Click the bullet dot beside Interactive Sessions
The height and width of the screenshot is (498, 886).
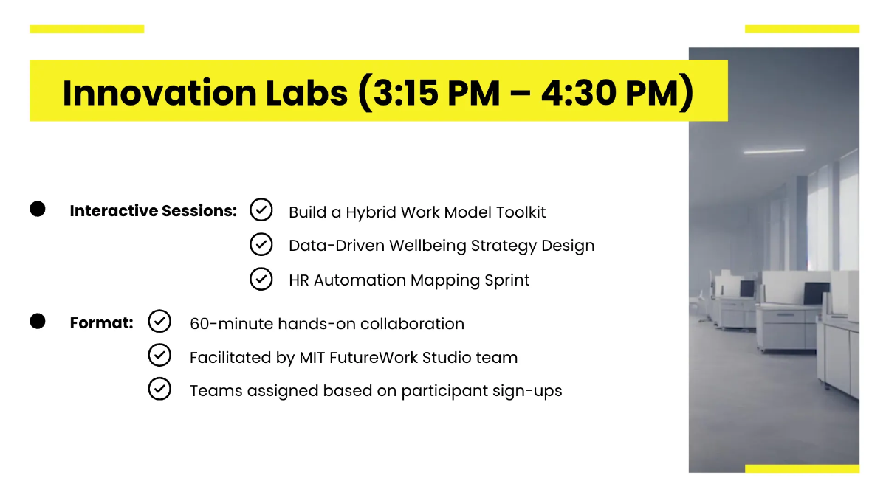coord(38,210)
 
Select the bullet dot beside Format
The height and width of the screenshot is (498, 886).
coord(38,322)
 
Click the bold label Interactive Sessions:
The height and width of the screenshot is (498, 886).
coord(153,211)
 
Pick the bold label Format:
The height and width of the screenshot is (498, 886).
coord(101,323)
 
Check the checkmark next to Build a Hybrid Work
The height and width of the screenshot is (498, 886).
coord(261,210)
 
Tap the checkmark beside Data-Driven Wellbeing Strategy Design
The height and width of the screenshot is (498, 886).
coord(261,243)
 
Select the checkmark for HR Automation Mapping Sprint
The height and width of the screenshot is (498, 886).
coord(261,279)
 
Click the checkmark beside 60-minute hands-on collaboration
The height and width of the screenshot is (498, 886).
coord(159,322)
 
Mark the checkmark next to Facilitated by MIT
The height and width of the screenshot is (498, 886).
coord(159,356)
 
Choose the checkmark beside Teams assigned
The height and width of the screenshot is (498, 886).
coord(159,389)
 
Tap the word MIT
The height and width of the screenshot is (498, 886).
coord(315,358)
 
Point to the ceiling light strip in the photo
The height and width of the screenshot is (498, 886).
coord(773,151)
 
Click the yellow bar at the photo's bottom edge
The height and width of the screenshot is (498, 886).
coord(802,468)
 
